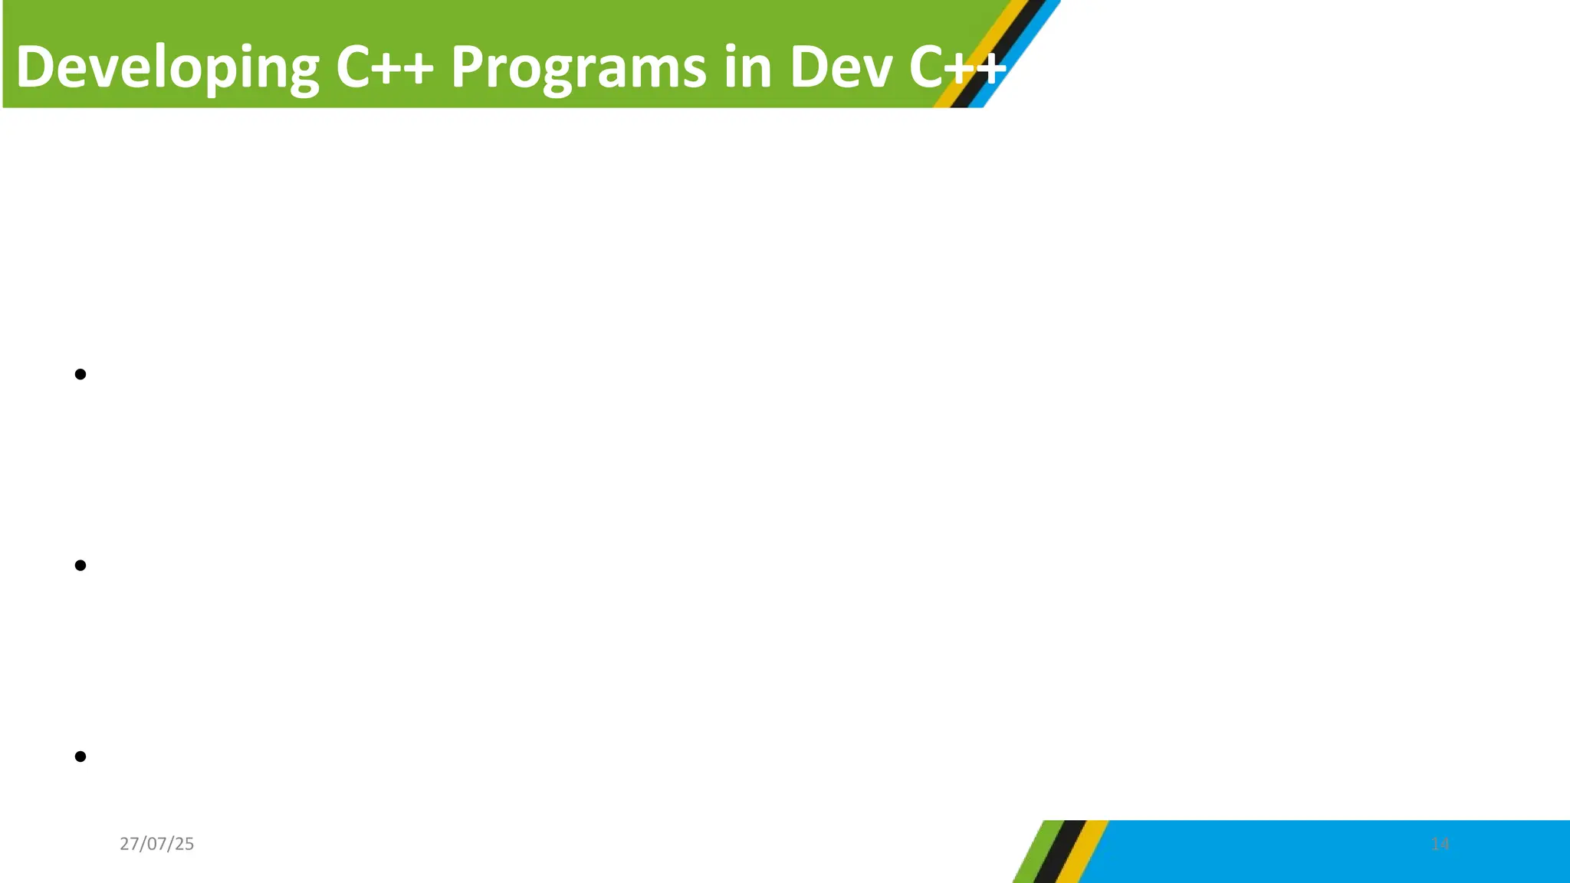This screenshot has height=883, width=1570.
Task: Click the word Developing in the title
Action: (167, 67)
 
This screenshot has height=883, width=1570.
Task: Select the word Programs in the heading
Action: (578, 67)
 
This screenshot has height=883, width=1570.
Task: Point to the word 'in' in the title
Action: (747, 67)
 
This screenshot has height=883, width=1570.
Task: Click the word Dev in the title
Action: (841, 67)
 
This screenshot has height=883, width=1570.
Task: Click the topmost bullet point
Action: (80, 374)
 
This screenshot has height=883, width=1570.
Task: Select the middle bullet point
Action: (80, 566)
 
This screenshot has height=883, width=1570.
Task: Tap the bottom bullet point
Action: (80, 757)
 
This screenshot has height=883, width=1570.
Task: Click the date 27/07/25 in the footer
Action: (156, 844)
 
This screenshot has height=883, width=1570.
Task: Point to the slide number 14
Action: (1440, 844)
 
